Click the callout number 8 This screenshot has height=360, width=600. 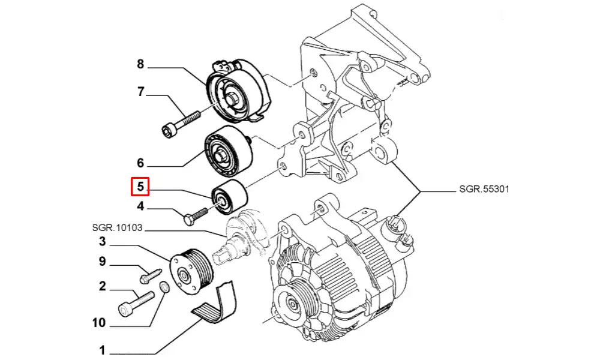pos(140,64)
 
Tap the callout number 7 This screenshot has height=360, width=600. pos(140,92)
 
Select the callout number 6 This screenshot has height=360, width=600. pos(140,163)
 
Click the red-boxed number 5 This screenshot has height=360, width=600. pos(140,187)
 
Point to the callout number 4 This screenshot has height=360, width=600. pos(140,207)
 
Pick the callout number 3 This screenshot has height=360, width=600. pos(102,242)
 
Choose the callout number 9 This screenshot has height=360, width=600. pos(102,262)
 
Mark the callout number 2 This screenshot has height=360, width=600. pos(102,286)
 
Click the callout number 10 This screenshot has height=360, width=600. pos(98,323)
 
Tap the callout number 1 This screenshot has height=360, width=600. pos(102,350)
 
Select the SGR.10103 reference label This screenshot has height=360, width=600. pos(118,228)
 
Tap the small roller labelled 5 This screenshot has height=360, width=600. pos(229,197)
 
